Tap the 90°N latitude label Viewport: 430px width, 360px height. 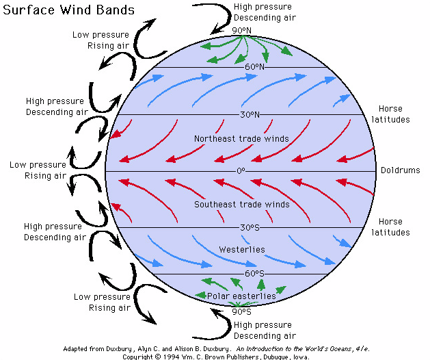coord(242,31)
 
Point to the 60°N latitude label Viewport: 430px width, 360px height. coord(254,67)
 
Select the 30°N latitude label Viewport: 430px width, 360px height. coord(250,114)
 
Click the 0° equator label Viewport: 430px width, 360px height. coord(241,170)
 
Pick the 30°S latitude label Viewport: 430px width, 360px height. coord(250,227)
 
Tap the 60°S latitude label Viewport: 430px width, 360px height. coord(254,274)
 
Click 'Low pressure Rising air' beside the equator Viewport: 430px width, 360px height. coord(38,170)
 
